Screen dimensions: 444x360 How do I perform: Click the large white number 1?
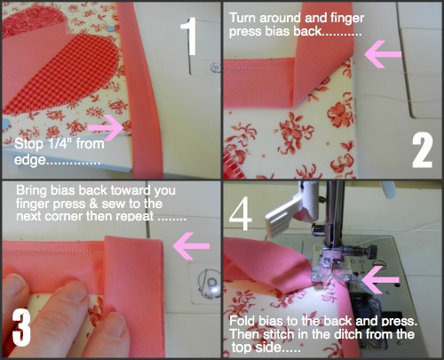(189, 36)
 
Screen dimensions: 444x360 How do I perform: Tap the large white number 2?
(423, 150)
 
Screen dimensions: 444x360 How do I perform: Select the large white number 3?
(21, 327)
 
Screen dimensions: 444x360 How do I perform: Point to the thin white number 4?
(241, 212)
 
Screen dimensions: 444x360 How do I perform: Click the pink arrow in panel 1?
(106, 127)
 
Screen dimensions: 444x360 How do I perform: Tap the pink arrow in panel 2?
(383, 54)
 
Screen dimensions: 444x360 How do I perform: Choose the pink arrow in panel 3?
(191, 246)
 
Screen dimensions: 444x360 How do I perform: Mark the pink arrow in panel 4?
(380, 280)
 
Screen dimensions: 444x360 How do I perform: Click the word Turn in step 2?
(242, 18)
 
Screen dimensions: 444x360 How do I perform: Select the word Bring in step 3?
(31, 191)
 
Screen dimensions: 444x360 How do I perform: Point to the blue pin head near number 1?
(110, 28)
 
